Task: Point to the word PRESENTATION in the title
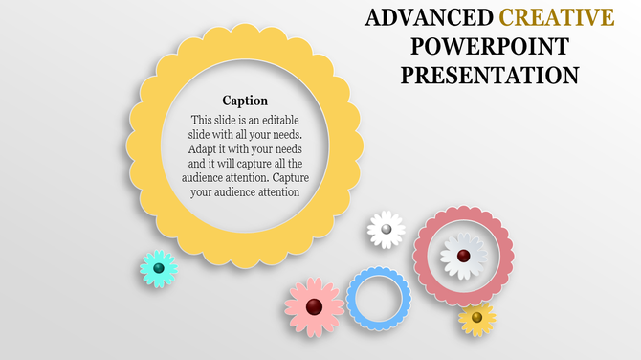(489, 75)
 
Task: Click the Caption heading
(245, 101)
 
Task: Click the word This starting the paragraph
(202, 120)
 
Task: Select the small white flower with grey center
(386, 230)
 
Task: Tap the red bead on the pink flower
(314, 306)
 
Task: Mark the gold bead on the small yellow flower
(476, 317)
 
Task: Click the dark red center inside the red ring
(463, 255)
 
